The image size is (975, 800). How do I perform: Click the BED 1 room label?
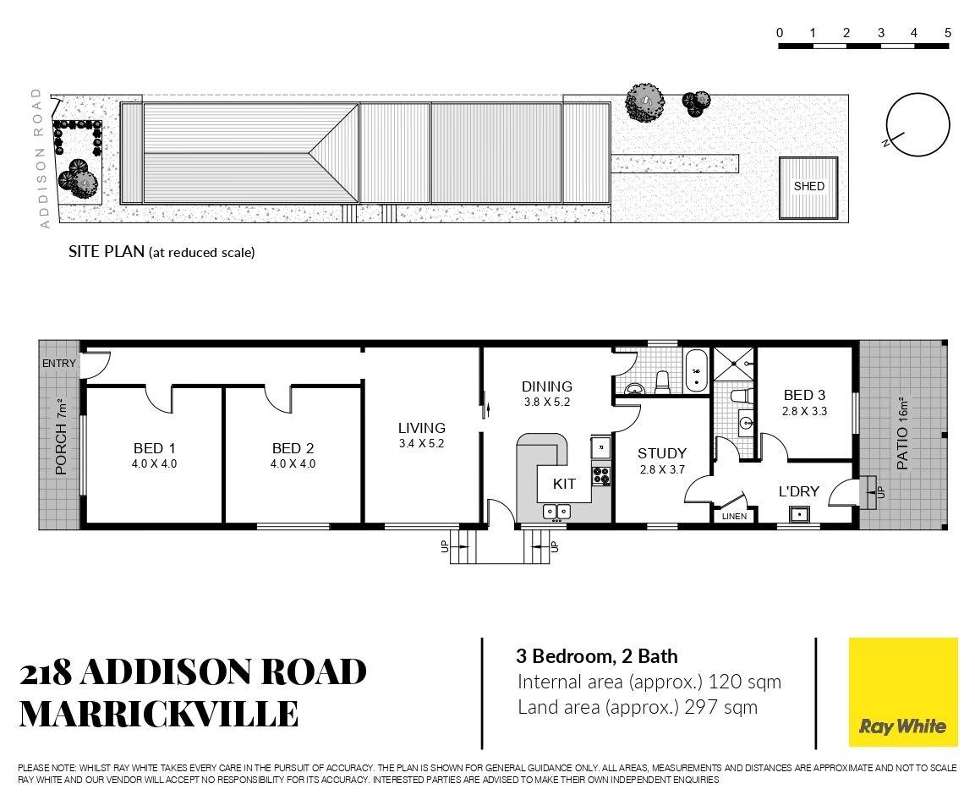154,448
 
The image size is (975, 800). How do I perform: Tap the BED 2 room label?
293,448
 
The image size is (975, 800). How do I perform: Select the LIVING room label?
422,428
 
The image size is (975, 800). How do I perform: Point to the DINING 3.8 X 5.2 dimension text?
546,402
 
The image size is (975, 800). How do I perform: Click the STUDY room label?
661,453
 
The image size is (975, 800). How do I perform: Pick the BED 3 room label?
805,395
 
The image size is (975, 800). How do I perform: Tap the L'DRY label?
799,491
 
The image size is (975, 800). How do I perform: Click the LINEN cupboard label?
734,517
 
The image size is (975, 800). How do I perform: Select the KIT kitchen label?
564,484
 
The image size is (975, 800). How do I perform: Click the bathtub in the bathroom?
696,370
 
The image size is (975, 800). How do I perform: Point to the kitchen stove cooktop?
600,475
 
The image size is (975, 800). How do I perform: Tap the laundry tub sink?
799,514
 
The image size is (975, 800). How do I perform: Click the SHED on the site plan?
808,188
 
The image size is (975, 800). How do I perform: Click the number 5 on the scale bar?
948,33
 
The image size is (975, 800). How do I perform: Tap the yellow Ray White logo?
903,692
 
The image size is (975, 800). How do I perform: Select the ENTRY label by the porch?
59,364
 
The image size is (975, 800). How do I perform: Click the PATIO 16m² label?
902,433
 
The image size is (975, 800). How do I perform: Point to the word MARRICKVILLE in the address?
159,714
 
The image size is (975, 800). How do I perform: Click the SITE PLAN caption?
162,251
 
